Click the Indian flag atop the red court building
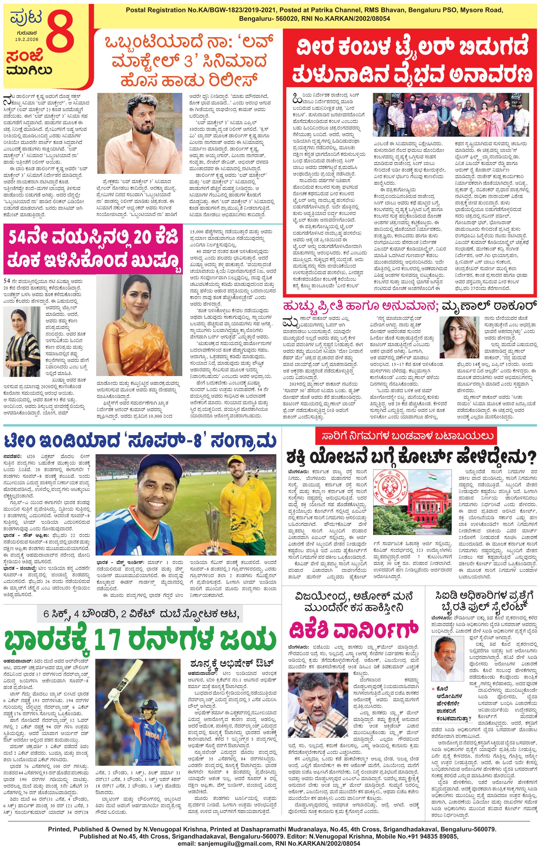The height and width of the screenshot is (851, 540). click(432, 477)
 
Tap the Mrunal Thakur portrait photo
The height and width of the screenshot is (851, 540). click(459, 337)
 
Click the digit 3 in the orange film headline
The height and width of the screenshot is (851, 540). click(188, 61)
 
